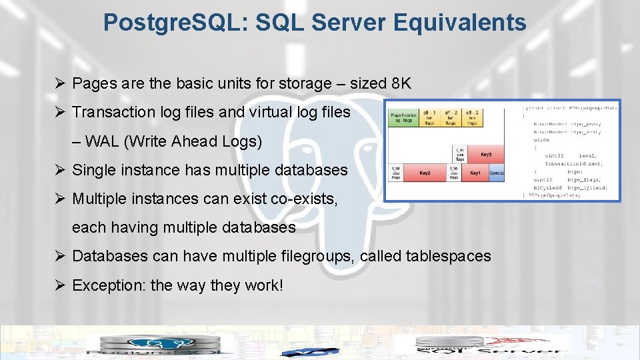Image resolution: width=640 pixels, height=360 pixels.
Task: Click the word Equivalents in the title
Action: [459, 23]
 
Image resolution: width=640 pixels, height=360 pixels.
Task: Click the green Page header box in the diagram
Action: [404, 117]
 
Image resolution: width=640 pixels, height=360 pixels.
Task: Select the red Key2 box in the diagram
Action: [425, 173]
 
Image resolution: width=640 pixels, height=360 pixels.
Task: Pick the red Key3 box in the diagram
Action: [485, 154]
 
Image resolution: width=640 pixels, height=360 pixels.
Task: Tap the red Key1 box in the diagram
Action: [475, 173]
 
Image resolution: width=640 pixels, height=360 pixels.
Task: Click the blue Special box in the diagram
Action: [497, 173]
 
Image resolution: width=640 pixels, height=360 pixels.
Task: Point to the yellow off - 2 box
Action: [451, 117]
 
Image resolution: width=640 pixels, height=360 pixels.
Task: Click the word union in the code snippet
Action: [541, 140]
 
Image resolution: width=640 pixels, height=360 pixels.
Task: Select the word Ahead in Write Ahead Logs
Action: [192, 141]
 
